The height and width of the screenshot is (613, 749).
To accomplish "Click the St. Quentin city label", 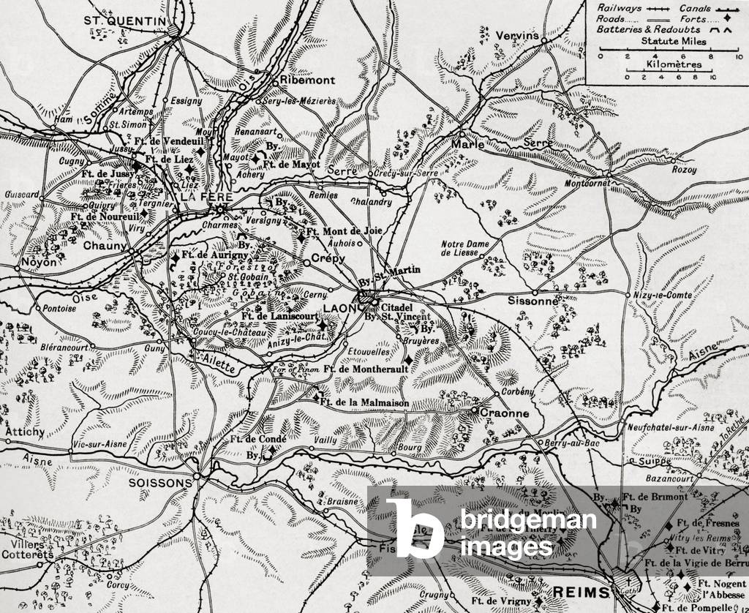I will click(x=125, y=21).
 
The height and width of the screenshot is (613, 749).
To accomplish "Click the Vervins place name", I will click(x=516, y=35).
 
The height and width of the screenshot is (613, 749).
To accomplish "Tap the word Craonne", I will click(x=504, y=413).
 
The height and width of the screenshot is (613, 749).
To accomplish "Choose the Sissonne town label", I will click(x=534, y=301).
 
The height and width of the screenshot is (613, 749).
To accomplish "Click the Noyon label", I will click(x=39, y=261).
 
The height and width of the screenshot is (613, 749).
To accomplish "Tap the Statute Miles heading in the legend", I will click(x=674, y=42).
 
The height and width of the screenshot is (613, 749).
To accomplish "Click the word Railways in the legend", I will click(x=617, y=8).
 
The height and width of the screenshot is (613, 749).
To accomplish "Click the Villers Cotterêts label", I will click(x=26, y=549).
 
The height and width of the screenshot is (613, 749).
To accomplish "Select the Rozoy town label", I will click(x=684, y=170).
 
